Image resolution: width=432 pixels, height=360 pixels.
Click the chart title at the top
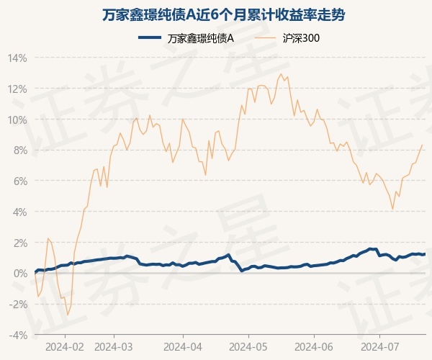point(216,15)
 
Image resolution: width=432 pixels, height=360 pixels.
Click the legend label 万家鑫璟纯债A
point(201,37)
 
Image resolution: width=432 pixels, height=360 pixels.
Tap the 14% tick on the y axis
point(17,58)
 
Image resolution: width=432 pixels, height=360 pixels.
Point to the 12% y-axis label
point(17,89)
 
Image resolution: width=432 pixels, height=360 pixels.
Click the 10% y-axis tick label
point(17,120)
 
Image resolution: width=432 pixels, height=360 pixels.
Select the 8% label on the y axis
point(19,150)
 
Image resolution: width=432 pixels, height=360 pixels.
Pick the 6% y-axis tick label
point(19,181)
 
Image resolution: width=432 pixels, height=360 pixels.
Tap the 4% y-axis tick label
point(19,212)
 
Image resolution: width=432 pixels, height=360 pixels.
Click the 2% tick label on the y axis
point(19,243)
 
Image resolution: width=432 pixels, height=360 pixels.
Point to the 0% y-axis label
point(19,274)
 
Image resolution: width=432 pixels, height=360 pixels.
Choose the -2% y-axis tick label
point(18,304)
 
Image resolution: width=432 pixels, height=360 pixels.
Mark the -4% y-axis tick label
point(18,335)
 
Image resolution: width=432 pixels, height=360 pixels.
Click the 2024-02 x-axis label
point(65,346)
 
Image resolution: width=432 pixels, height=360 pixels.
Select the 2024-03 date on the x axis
point(114,346)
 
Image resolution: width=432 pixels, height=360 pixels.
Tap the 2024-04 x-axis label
point(183,346)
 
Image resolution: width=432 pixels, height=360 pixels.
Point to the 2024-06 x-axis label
point(315,346)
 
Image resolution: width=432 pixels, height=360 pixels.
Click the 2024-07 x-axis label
point(379,346)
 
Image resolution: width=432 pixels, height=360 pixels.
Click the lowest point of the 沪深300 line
point(68,315)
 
